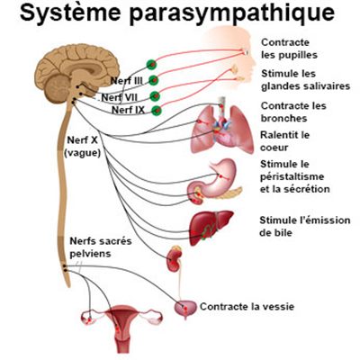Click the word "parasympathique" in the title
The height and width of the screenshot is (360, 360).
click(232, 13)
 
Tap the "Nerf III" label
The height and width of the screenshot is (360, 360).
click(127, 81)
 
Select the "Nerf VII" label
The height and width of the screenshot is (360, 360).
click(120, 97)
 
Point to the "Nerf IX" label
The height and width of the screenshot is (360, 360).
click(128, 110)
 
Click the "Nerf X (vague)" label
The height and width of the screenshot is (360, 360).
click(83, 147)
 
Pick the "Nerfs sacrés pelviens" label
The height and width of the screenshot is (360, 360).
click(101, 247)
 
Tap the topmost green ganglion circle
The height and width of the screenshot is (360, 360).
click(152, 64)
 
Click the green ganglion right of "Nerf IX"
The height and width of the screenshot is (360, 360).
click(157, 111)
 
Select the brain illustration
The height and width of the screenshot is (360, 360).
click(76, 72)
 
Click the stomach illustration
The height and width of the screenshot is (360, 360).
click(215, 182)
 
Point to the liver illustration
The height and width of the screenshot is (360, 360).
click(211, 227)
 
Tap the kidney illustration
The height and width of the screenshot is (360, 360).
click(175, 258)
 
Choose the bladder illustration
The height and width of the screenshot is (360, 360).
click(185, 309)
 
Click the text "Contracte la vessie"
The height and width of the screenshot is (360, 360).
click(247, 307)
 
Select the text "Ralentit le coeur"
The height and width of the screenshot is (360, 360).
click(284, 141)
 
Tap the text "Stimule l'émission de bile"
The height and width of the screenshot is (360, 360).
click(305, 226)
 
